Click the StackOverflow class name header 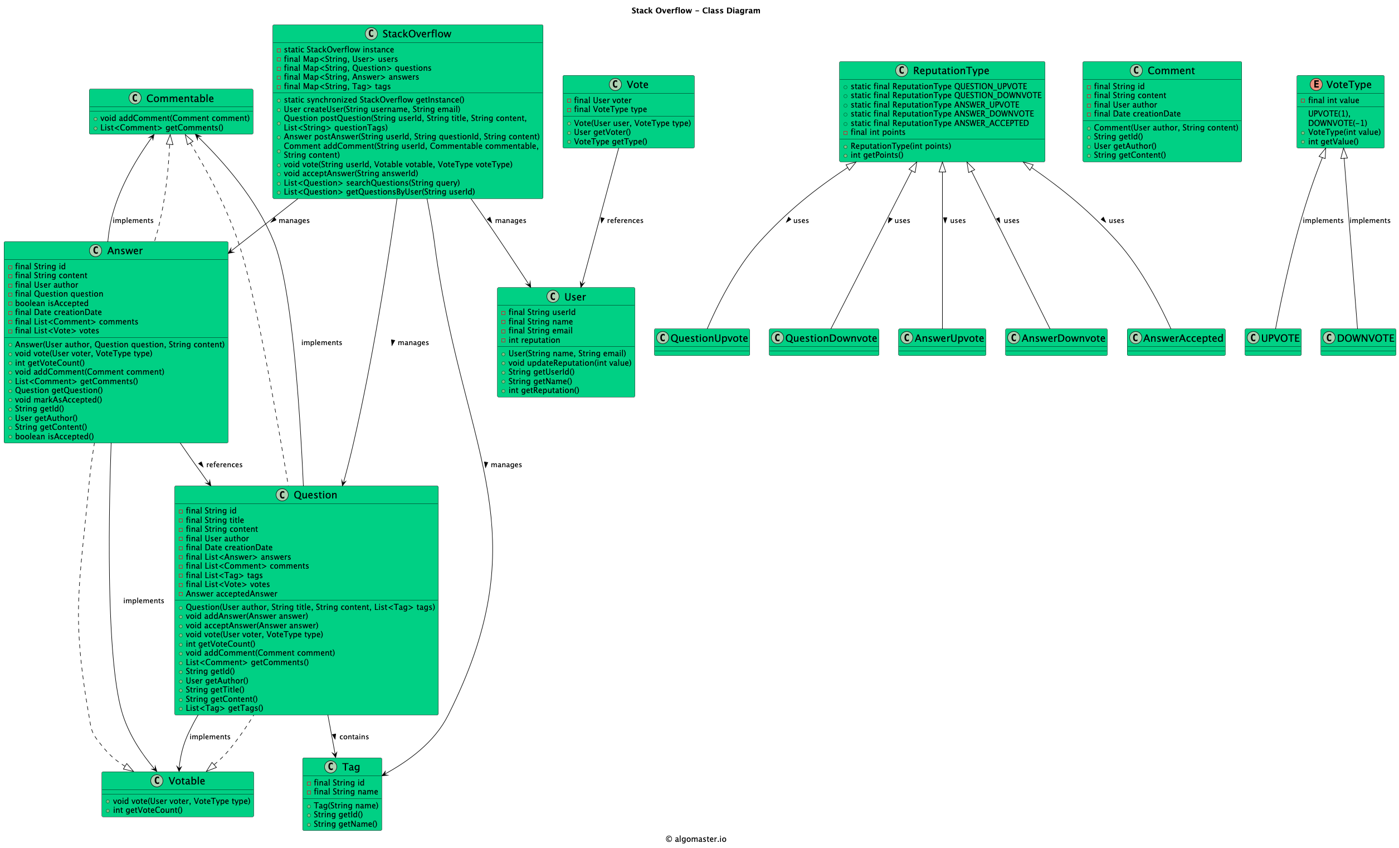pyautogui.click(x=416, y=33)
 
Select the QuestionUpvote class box pyautogui.click(x=702, y=341)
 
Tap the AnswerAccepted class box pyautogui.click(x=1176, y=341)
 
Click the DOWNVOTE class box pyautogui.click(x=1358, y=341)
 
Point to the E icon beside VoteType pyautogui.click(x=1315, y=84)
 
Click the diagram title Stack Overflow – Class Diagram pyautogui.click(x=695, y=10)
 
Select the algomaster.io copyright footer pyautogui.click(x=695, y=839)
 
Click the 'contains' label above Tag pyautogui.click(x=353, y=736)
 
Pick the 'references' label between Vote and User pyautogui.click(x=625, y=220)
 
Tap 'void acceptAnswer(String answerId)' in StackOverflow pyautogui.click(x=350, y=173)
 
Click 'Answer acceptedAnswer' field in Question pyautogui.click(x=231, y=594)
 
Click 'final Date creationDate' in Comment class pyautogui.click(x=1137, y=114)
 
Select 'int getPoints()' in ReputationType pyautogui.click(x=876, y=155)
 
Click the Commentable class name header pyautogui.click(x=179, y=98)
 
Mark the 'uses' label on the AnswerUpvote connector pyautogui.click(x=957, y=220)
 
